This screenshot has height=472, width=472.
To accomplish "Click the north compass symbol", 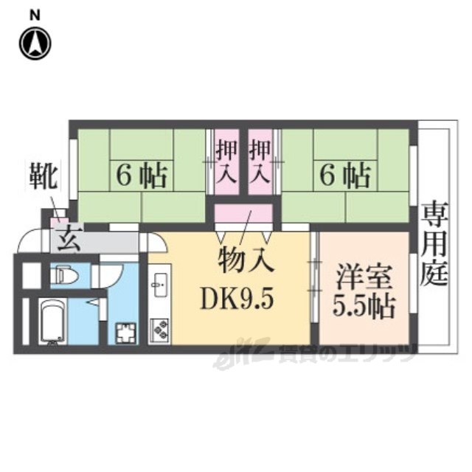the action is [x=35, y=43].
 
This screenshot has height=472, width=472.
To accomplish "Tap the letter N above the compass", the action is [x=35, y=16].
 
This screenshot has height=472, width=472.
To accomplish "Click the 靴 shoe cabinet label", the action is [x=44, y=177].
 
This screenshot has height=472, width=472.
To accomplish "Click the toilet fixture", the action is [x=64, y=274].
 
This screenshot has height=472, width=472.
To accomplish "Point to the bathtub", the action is [x=52, y=322].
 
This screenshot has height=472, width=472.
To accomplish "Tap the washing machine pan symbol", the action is [x=126, y=333].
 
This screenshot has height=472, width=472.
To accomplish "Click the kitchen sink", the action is [x=160, y=284].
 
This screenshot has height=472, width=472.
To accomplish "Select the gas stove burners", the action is [x=159, y=330].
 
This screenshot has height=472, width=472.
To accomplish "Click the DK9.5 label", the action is [x=237, y=298].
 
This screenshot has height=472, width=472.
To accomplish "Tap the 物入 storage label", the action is [x=246, y=260].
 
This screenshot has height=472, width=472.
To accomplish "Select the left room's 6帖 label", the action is [x=142, y=176].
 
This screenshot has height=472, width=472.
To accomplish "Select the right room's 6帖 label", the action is [x=345, y=175].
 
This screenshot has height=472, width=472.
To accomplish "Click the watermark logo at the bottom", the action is [x=313, y=355].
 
